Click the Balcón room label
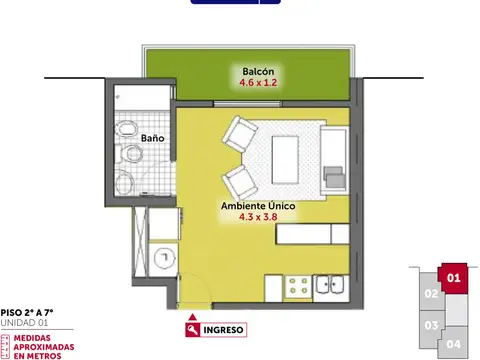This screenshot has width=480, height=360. [258, 71]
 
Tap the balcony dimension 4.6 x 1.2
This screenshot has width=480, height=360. [258, 83]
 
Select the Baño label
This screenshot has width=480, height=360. [153, 138]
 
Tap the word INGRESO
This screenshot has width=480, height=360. [224, 329]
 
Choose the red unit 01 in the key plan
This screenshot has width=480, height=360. [453, 277]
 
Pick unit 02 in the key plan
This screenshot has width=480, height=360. [431, 294]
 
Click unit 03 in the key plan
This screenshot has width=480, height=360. [431, 324]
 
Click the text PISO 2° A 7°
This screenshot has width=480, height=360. [27, 313]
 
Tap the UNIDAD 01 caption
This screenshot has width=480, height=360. [24, 323]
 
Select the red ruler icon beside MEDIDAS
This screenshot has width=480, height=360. [6, 345]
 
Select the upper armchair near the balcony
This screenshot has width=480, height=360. [242, 134]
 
